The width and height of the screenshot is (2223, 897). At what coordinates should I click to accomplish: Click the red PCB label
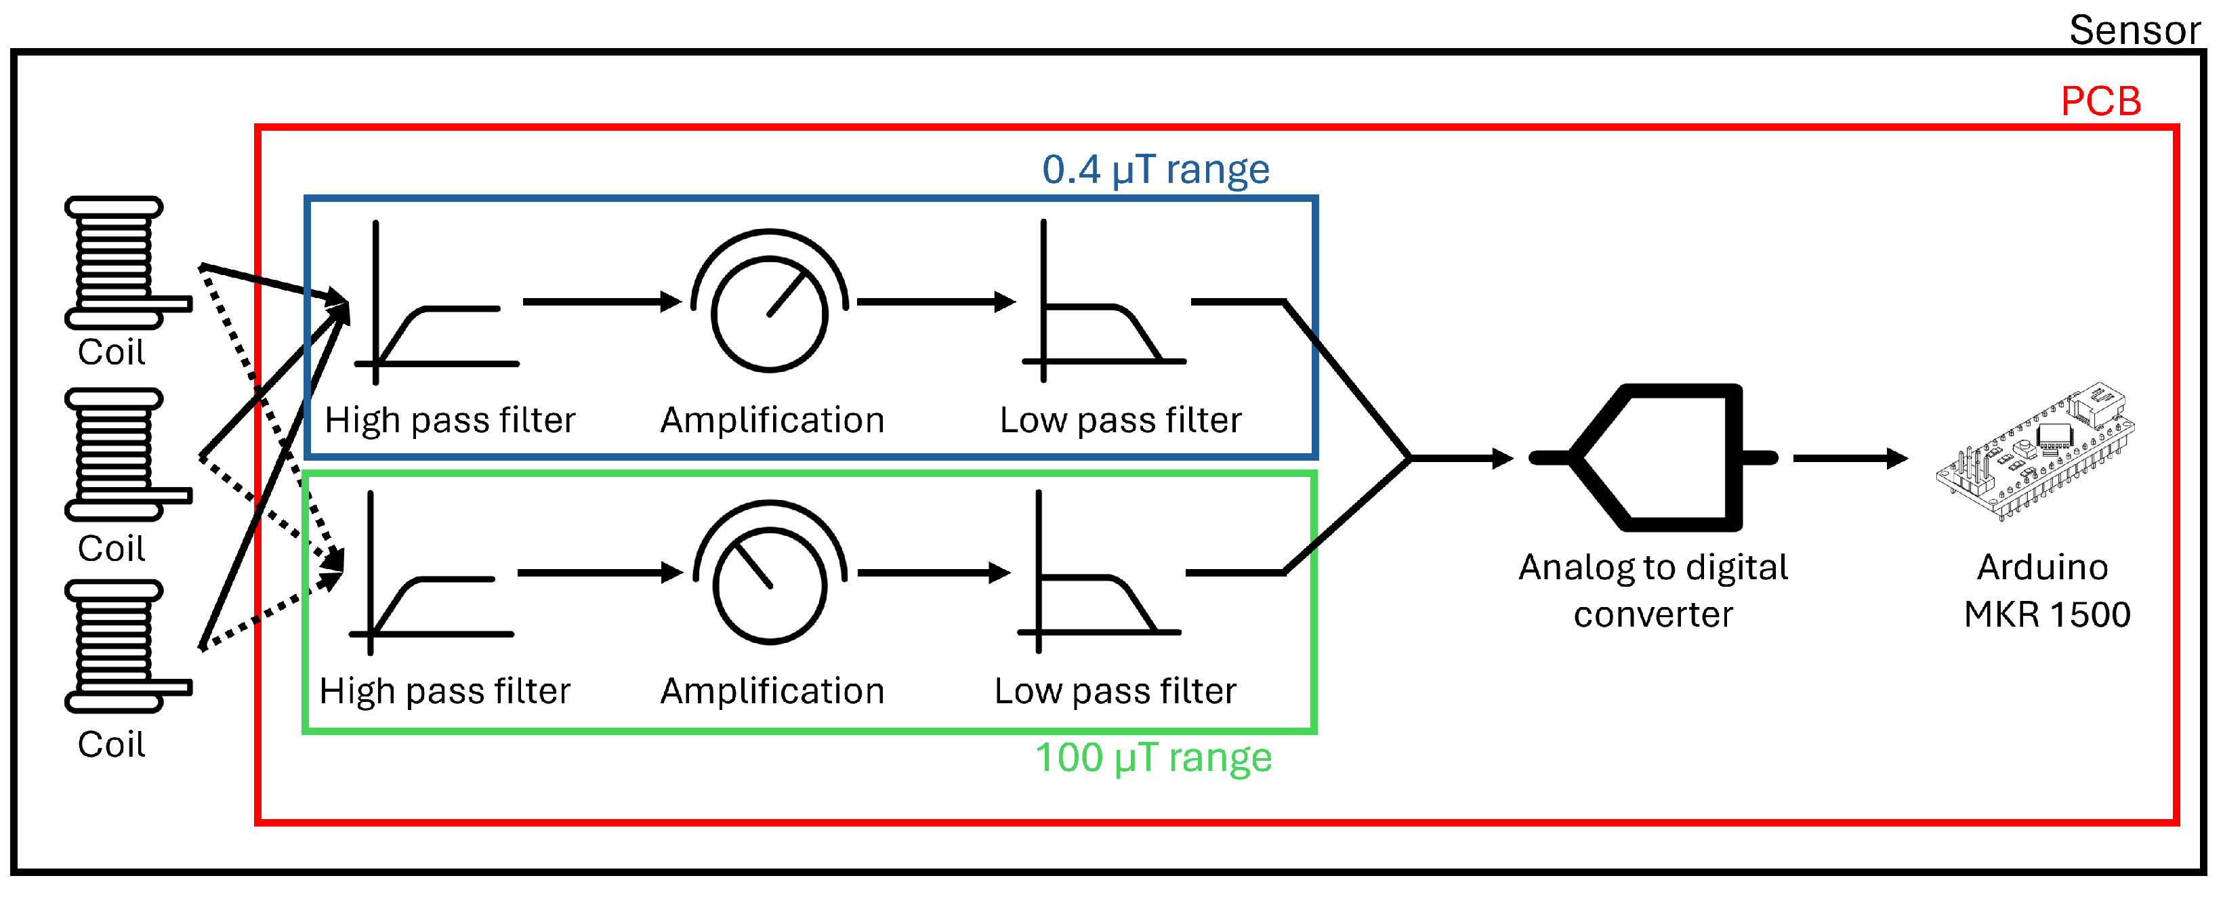tap(2100, 102)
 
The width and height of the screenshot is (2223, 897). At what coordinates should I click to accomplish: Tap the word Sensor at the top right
tap(2134, 31)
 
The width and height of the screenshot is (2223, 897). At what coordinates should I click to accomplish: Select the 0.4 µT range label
tap(1155, 169)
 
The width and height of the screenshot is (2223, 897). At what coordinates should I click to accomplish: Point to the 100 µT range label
tap(1153, 757)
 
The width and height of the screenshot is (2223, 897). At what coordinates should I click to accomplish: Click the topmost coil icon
tap(117, 262)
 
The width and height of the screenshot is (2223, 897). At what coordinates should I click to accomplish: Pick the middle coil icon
tap(117, 455)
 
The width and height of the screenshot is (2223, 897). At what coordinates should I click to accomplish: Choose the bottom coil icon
tap(117, 646)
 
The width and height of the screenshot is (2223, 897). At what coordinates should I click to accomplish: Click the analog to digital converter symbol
tap(1653, 457)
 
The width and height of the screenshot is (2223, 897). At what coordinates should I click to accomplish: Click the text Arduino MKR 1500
tap(2045, 591)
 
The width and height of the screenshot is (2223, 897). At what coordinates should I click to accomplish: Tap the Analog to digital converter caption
tap(1653, 591)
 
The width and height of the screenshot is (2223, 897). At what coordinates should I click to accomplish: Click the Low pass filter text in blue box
tap(1119, 420)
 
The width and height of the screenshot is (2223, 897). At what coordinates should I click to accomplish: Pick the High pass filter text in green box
tap(444, 691)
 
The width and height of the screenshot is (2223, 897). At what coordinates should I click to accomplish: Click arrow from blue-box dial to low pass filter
tap(934, 302)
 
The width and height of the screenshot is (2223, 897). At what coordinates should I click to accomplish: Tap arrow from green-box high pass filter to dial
tap(599, 572)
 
